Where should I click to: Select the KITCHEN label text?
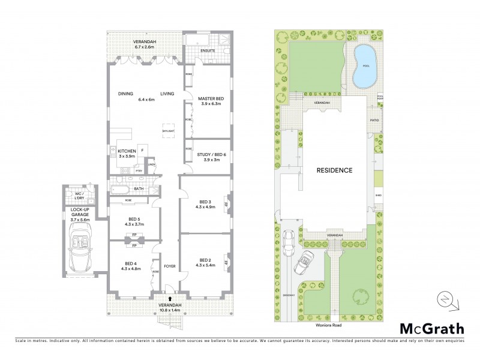[127, 151]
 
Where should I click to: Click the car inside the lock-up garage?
[80, 251]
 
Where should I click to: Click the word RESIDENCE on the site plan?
[335, 170]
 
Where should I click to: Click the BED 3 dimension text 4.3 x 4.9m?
[205, 208]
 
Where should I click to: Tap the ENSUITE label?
[208, 50]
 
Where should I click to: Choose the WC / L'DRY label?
[78, 196]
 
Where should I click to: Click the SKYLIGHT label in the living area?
[168, 131]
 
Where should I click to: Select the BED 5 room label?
[134, 219]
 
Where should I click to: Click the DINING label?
[125, 94]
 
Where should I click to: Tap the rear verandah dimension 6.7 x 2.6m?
[144, 47]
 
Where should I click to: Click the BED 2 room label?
[205, 260]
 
